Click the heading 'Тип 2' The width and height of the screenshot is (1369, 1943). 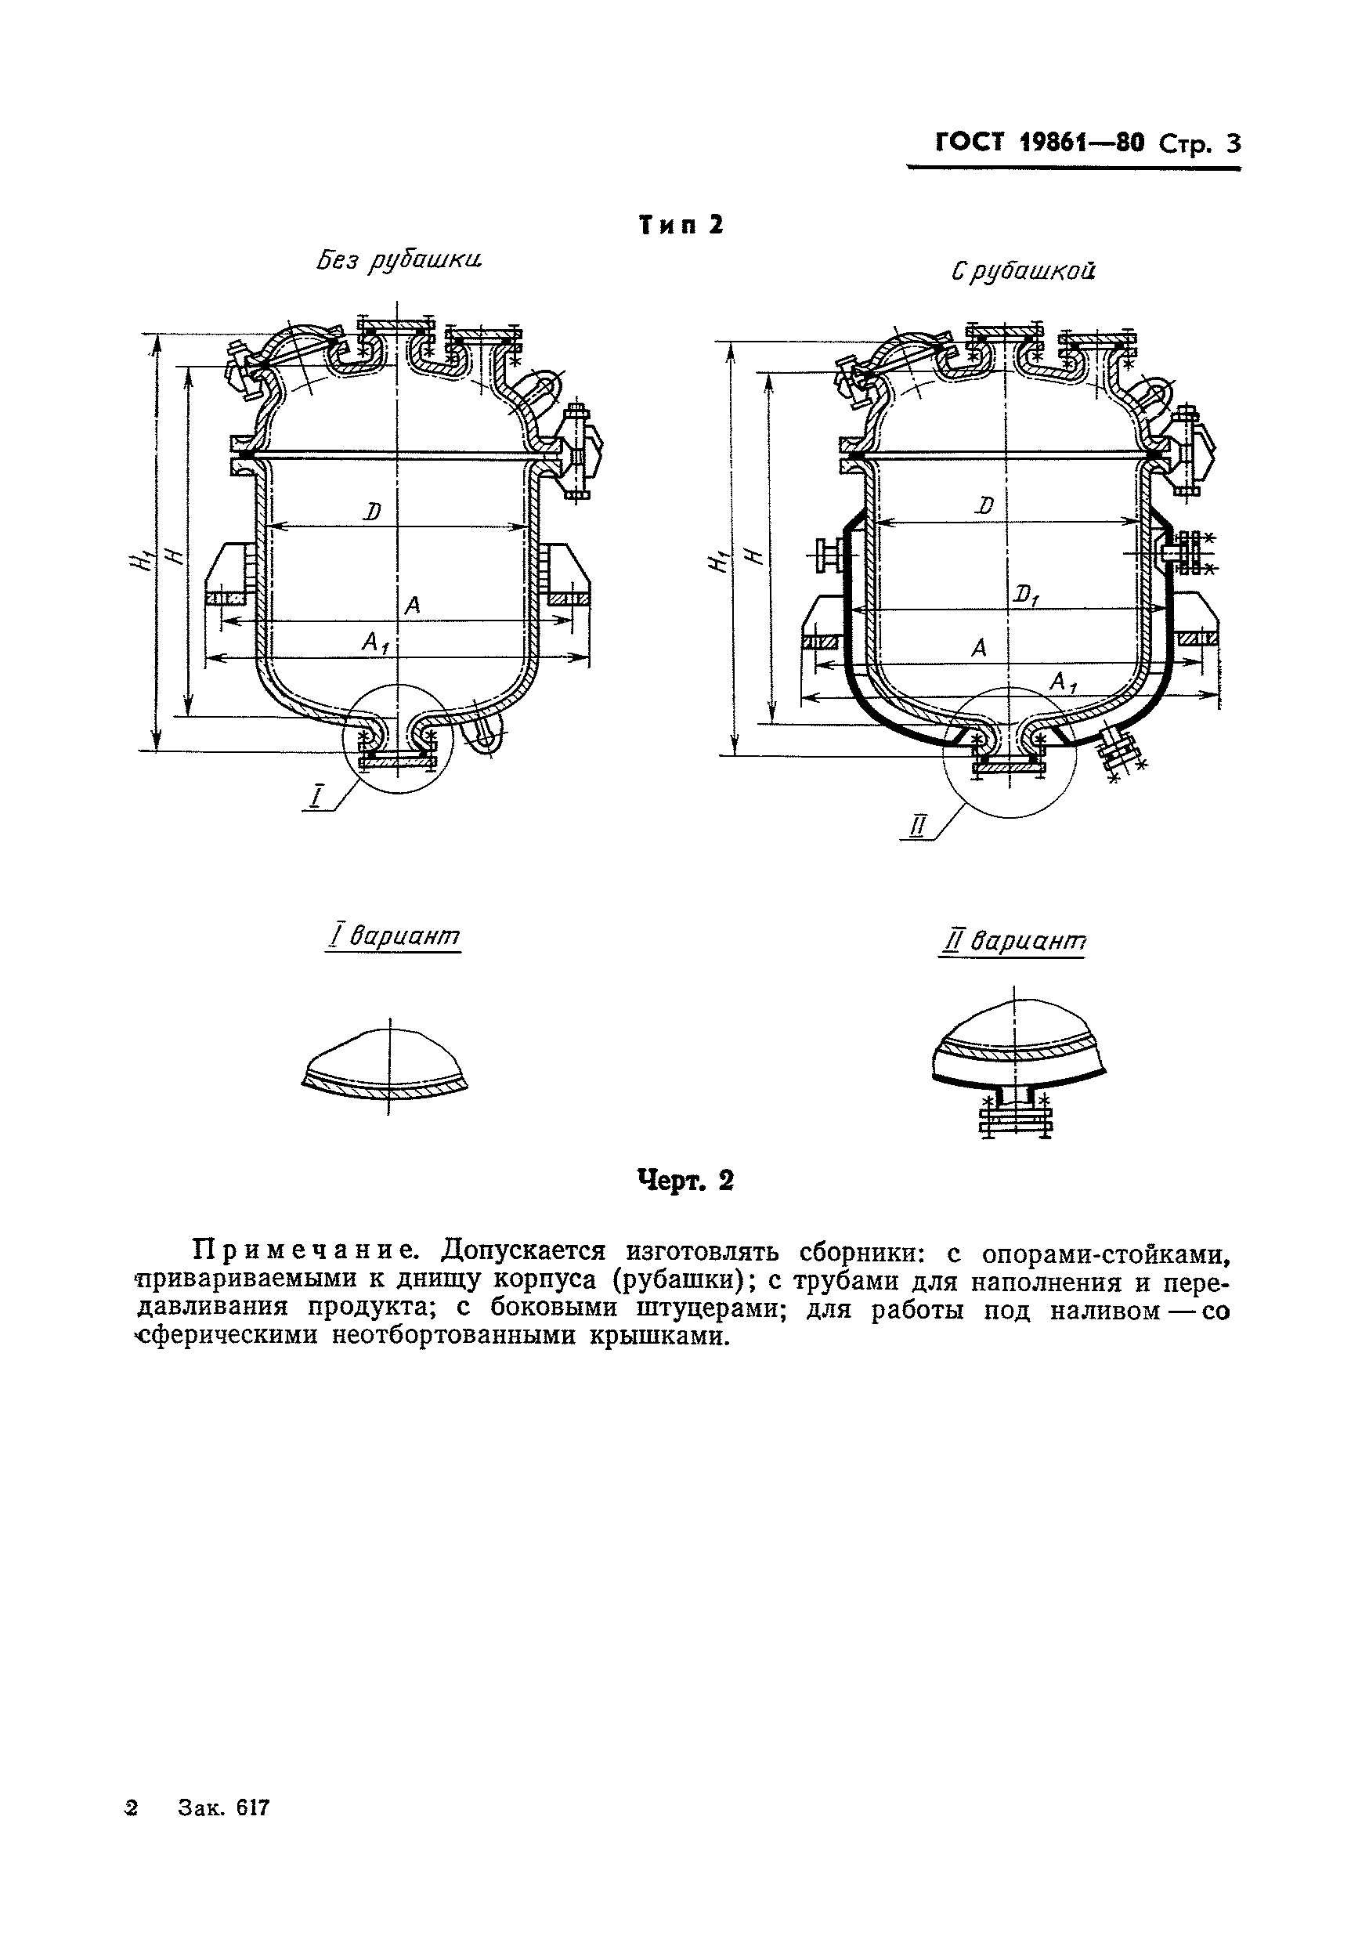[681, 225]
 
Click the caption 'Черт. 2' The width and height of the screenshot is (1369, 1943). [684, 1180]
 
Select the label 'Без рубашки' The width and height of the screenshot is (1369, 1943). [399, 261]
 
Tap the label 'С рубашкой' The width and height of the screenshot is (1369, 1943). [1023, 272]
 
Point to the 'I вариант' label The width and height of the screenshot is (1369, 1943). [393, 937]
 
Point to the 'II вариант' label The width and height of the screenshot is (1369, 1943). [1013, 941]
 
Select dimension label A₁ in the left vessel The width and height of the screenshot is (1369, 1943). [375, 644]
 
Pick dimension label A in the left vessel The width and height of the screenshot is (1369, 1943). [412, 606]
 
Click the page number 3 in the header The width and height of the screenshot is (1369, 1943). [1233, 145]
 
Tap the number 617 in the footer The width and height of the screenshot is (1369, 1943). [253, 1830]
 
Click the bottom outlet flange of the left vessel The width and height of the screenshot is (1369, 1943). [398, 763]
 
